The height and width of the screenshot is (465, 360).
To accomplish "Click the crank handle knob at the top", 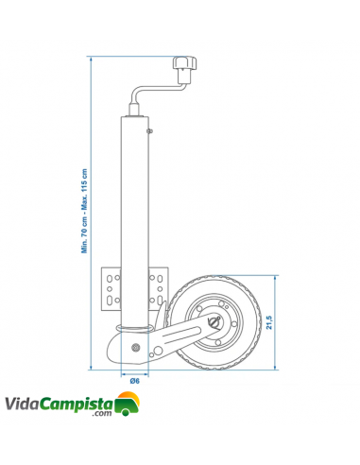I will tap(183, 69).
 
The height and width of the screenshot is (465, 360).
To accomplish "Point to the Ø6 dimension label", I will tap(135, 380).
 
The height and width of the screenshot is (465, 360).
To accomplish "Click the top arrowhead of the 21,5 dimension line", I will tap(279, 277).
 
